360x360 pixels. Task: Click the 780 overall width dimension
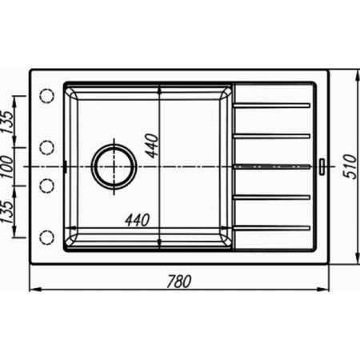(x=179, y=282)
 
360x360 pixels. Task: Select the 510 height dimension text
(x=350, y=166)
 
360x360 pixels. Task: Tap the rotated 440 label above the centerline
(x=153, y=146)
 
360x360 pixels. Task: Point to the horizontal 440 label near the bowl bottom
(x=138, y=220)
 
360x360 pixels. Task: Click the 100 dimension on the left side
(x=6, y=167)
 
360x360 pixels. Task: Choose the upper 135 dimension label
(x=6, y=122)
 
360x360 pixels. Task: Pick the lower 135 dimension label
(x=6, y=211)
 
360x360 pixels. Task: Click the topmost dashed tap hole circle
(x=47, y=95)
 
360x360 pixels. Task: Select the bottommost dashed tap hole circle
(x=47, y=237)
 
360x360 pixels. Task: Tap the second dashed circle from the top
(x=47, y=147)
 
